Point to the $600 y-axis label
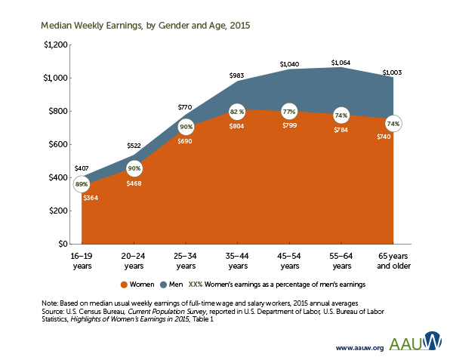55,144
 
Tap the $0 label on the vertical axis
62,245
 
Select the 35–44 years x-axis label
237,261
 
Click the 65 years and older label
393,261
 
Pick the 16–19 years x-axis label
82,261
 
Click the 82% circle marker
237,112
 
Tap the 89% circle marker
82,184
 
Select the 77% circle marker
289,111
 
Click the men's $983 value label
237,75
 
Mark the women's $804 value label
237,126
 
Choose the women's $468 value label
134,183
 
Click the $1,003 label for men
393,72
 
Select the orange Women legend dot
124,285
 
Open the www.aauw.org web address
359,349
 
